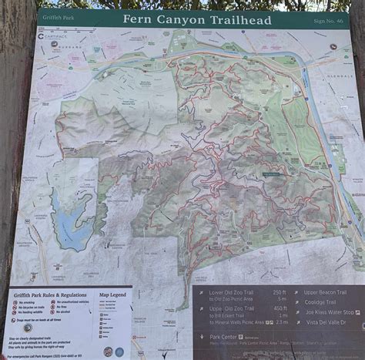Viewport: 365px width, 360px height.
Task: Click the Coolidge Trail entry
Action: (x=320, y=302)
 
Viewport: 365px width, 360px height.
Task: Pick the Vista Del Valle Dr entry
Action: (x=326, y=322)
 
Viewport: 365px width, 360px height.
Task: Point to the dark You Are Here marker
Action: (x=270, y=174)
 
